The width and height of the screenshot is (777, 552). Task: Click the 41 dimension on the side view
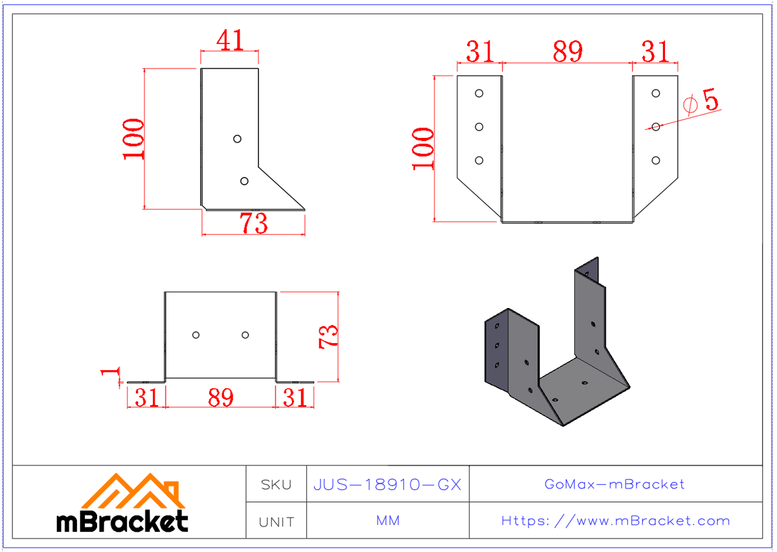coord(230,41)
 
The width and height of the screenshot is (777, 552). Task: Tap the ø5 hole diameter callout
coord(701,103)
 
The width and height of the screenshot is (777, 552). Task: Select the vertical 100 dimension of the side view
coord(133,138)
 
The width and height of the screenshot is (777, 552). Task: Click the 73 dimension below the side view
coord(253,224)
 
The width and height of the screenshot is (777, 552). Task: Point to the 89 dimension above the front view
coord(567,52)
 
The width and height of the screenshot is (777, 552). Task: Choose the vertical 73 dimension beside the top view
coord(328,336)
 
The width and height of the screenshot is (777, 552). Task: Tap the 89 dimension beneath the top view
coord(220,398)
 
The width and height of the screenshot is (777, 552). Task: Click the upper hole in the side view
coord(237,138)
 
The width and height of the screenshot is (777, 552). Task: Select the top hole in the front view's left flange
coord(479,93)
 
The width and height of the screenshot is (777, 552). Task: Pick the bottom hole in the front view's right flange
coord(656,160)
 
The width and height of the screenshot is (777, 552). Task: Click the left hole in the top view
coord(196,335)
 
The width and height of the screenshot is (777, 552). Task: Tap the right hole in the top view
coord(245,335)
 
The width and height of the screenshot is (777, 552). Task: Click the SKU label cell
coord(276,484)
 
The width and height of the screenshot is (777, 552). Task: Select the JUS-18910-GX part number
coord(387,484)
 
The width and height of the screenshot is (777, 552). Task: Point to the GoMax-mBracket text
coord(614,484)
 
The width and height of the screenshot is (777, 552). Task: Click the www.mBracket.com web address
coord(615,521)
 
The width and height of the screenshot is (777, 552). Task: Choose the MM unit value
coord(387,521)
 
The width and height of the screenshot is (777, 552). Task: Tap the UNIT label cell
coord(276,522)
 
